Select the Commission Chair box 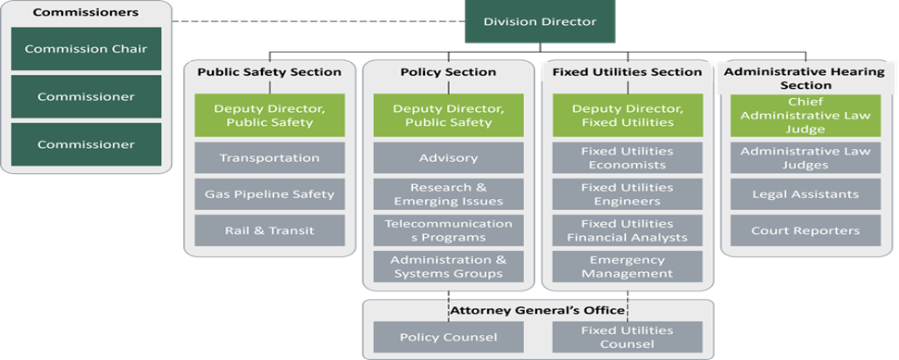pyautogui.click(x=86, y=49)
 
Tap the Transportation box pyautogui.click(x=269, y=157)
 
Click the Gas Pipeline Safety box pyautogui.click(x=269, y=194)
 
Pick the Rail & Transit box pyautogui.click(x=269, y=230)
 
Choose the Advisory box pyautogui.click(x=448, y=157)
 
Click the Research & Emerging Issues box pyautogui.click(x=448, y=194)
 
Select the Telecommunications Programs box pyautogui.click(x=448, y=230)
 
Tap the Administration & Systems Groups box pyautogui.click(x=448, y=267)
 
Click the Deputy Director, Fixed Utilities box pyautogui.click(x=627, y=116)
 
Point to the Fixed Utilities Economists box pyautogui.click(x=627, y=157)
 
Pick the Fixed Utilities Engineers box pyautogui.click(x=627, y=194)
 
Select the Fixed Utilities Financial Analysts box pyautogui.click(x=627, y=230)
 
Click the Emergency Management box pyautogui.click(x=627, y=267)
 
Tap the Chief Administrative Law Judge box pyautogui.click(x=805, y=116)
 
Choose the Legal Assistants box pyautogui.click(x=805, y=194)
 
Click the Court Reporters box pyautogui.click(x=805, y=230)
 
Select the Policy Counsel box pyautogui.click(x=448, y=337)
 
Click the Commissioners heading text pyautogui.click(x=85, y=13)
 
